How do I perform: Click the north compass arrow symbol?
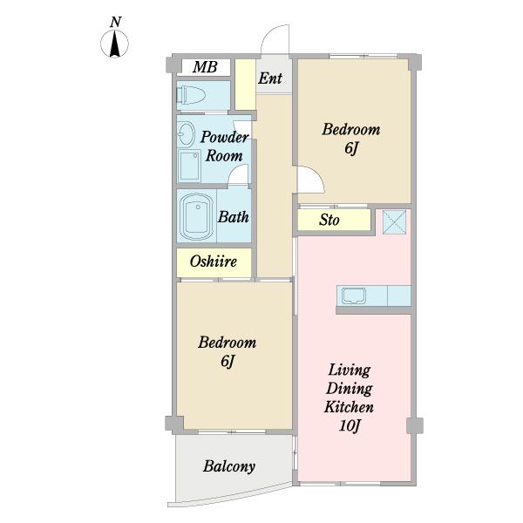pyautogui.click(x=114, y=44)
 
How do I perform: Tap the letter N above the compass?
pyautogui.click(x=115, y=22)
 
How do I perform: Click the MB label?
pyautogui.click(x=205, y=67)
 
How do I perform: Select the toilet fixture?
pyautogui.click(x=191, y=95)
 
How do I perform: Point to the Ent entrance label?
pyautogui.click(x=270, y=78)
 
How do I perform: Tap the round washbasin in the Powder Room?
pyautogui.click(x=186, y=134)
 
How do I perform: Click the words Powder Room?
pyautogui.click(x=224, y=146)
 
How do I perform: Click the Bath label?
pyautogui.click(x=234, y=217)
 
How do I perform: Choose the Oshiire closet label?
pyautogui.click(x=214, y=261)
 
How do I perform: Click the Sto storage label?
pyautogui.click(x=329, y=220)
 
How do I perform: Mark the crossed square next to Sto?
pyautogui.click(x=394, y=221)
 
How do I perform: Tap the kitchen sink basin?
pyautogui.click(x=354, y=295)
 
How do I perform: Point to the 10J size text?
pyautogui.click(x=350, y=426)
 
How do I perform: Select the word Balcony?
pyautogui.click(x=229, y=466)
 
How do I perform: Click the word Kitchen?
pyautogui.click(x=349, y=407)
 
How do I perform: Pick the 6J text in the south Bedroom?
pyautogui.click(x=228, y=361)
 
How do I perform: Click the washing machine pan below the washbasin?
pyautogui.click(x=189, y=165)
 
